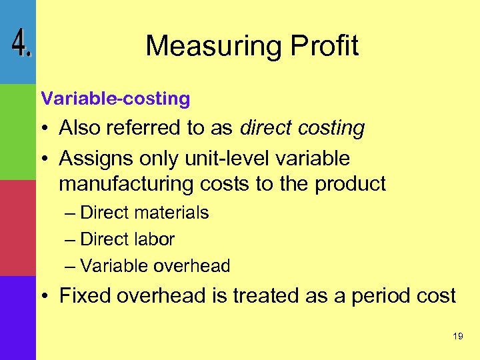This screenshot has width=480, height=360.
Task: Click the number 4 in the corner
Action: point(21,45)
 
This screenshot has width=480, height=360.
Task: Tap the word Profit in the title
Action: point(324,46)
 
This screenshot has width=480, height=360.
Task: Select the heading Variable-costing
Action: point(115,99)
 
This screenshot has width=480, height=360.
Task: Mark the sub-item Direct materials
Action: point(144,213)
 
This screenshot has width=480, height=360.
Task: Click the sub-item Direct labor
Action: point(127,239)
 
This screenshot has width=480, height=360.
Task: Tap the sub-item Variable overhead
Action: point(155,266)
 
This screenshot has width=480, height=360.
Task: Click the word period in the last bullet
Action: point(373,296)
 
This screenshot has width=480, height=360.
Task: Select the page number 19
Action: point(457,337)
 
